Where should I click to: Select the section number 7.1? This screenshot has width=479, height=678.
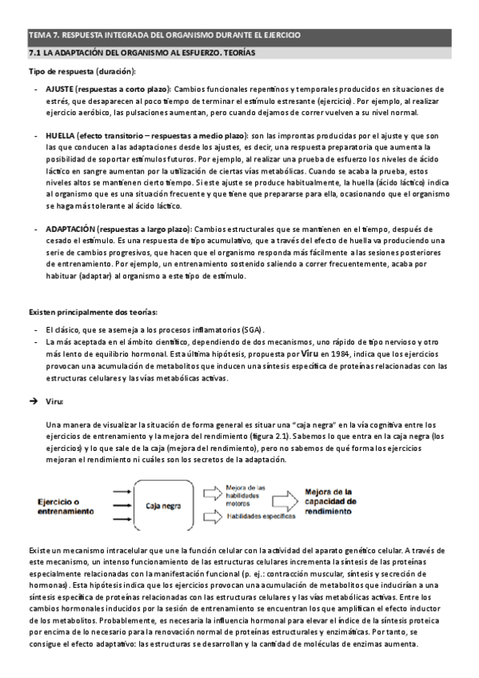34,53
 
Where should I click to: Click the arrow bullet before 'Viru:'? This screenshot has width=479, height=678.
34,400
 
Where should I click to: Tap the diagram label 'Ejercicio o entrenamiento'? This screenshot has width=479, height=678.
65,505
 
